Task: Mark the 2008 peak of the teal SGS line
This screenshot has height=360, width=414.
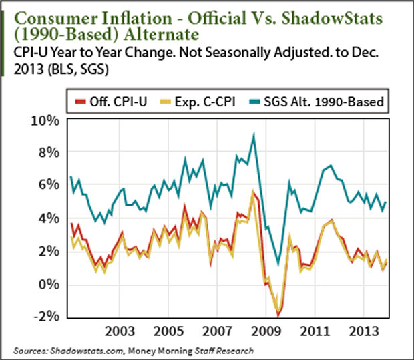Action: point(254,135)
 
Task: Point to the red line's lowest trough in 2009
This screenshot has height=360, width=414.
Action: point(278,315)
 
